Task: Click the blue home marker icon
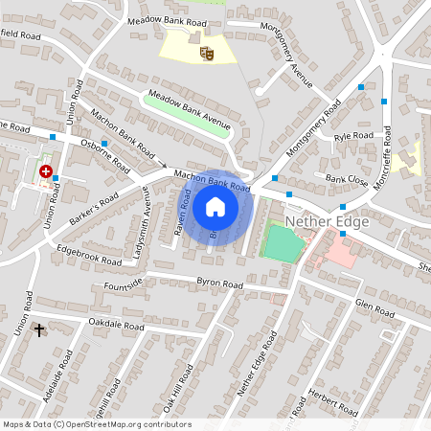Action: tap(215, 206)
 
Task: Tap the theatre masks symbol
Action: tap(205, 54)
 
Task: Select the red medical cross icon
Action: tap(45, 171)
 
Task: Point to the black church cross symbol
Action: tap(39, 330)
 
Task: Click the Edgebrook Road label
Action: tap(89, 254)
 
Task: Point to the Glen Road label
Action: tap(374, 306)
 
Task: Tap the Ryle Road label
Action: tap(353, 137)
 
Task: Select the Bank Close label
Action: tap(346, 179)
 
